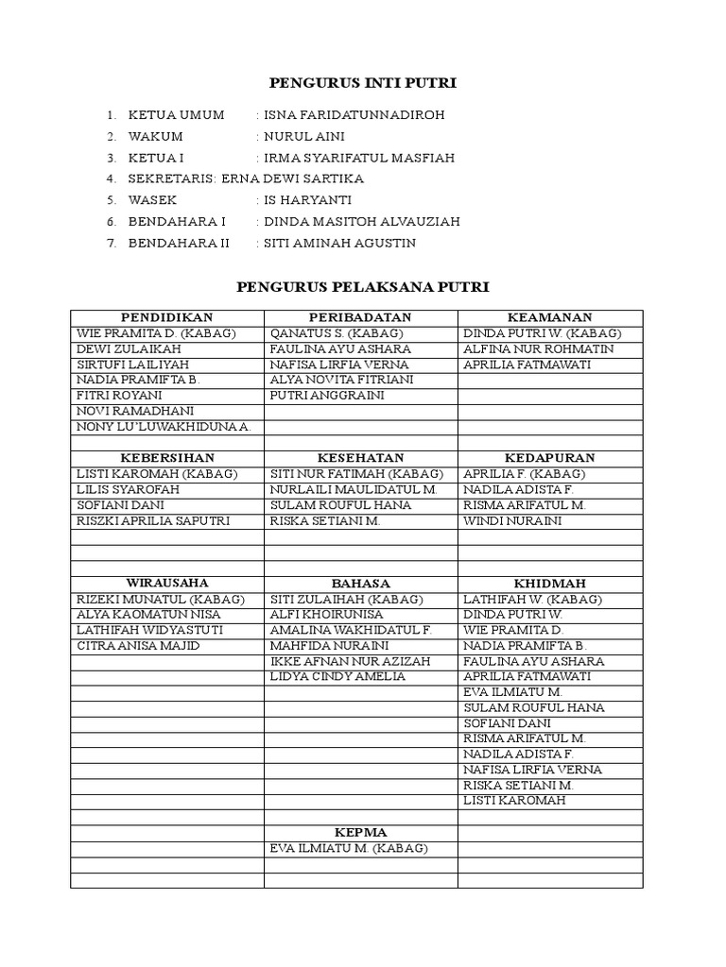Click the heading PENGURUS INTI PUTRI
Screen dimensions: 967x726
(x=363, y=84)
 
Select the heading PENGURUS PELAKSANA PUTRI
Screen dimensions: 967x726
(x=362, y=286)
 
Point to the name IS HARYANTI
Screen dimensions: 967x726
(x=308, y=200)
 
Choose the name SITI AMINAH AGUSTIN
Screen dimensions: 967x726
(x=339, y=243)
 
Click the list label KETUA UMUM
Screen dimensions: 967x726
(x=176, y=115)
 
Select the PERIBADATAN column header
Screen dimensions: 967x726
(x=360, y=318)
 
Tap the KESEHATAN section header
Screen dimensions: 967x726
(x=360, y=458)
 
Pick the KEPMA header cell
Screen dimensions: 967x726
(x=360, y=833)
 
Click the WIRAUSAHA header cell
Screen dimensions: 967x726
(x=166, y=583)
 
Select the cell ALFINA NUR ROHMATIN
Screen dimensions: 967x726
(x=538, y=349)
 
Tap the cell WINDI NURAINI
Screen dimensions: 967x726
(x=512, y=520)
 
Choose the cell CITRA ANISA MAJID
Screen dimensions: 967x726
(x=138, y=646)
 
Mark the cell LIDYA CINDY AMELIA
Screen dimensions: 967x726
(x=337, y=676)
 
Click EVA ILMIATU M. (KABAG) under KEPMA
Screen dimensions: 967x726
(x=349, y=848)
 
